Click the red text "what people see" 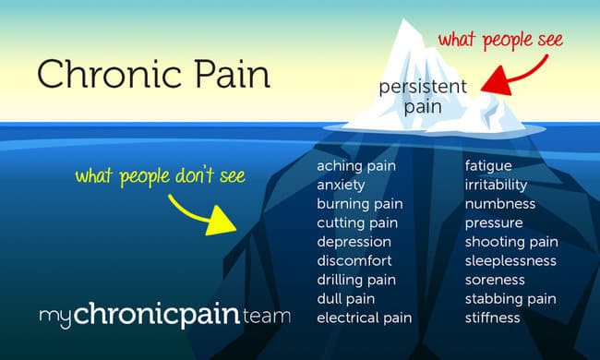pyautogui.click(x=498, y=41)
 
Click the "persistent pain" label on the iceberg pyautogui.click(x=424, y=96)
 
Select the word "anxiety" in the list pyautogui.click(x=341, y=185)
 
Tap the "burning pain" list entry pyautogui.click(x=358, y=204)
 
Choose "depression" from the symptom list pyautogui.click(x=354, y=242)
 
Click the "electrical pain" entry pyautogui.click(x=364, y=318)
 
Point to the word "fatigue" pyautogui.click(x=488, y=166)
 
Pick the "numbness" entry pyautogui.click(x=497, y=204)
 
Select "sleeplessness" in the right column pyautogui.click(x=510, y=261)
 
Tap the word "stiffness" pyautogui.click(x=492, y=318)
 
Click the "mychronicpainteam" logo pyautogui.click(x=164, y=317)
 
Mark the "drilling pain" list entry pyautogui.click(x=355, y=280)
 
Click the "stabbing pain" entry pyautogui.click(x=510, y=299)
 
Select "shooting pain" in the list pyautogui.click(x=511, y=242)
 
